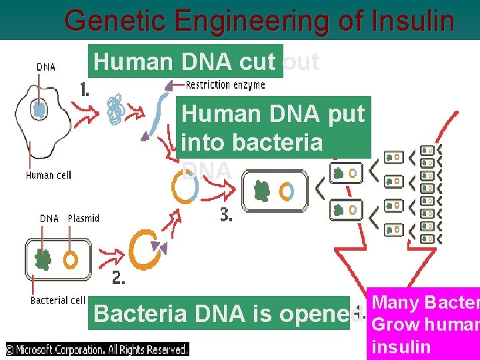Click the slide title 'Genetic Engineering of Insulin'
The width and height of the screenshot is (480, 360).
[x=259, y=21]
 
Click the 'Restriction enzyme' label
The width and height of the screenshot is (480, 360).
[x=225, y=85]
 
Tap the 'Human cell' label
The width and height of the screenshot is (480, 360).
[x=48, y=175]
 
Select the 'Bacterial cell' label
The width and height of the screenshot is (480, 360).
[x=57, y=301]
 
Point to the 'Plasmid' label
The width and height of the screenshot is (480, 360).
[x=83, y=218]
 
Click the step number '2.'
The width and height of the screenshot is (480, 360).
[x=119, y=279]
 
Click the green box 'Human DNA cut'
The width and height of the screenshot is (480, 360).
[x=185, y=61]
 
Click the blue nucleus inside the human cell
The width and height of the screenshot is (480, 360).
[x=40, y=108]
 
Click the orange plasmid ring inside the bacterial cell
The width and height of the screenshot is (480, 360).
[x=70, y=258]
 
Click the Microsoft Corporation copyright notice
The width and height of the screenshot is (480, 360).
[x=97, y=349]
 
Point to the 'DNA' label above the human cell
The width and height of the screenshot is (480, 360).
[x=45, y=67]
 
